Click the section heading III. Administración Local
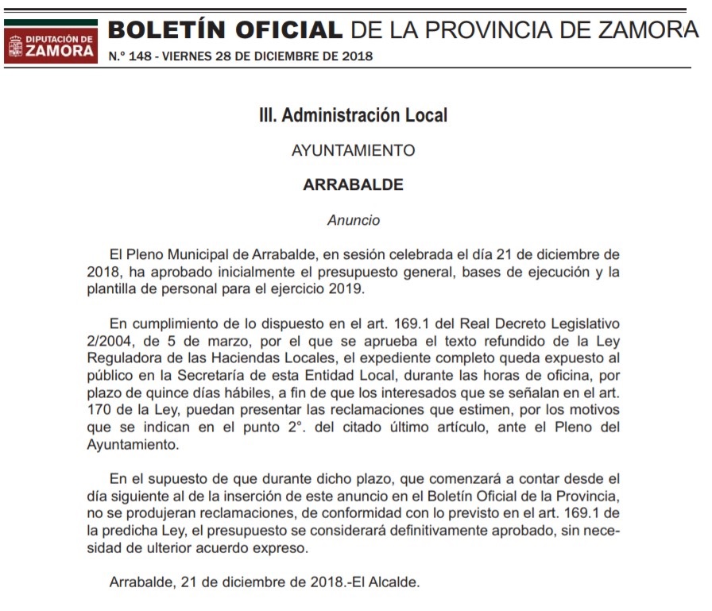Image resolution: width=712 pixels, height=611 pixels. coord(354,115)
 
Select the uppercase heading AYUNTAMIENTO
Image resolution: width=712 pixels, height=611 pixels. coord(354,150)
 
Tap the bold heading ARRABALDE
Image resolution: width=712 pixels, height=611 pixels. coord(354,185)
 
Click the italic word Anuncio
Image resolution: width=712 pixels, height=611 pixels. coord(354,220)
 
